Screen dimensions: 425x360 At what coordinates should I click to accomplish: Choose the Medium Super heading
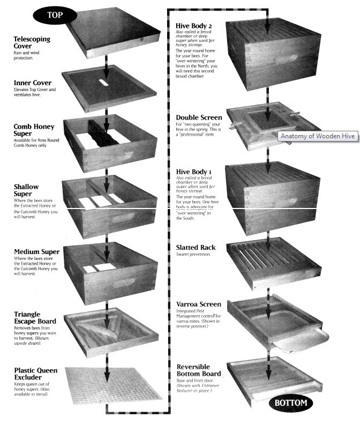(x=36, y=252)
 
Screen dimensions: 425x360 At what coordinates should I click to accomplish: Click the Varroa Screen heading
(x=199, y=304)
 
